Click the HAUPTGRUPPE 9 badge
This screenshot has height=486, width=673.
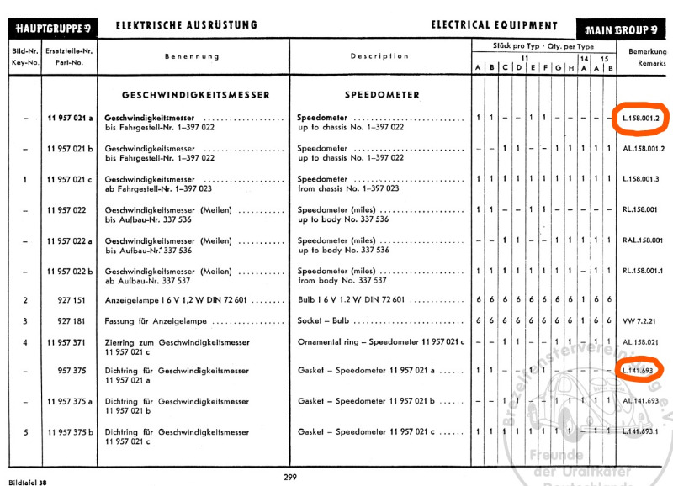pos(53,28)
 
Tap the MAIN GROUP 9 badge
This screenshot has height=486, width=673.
pos(618,29)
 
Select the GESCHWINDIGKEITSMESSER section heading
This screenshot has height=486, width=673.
pos(195,95)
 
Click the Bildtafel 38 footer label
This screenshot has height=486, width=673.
pos(26,481)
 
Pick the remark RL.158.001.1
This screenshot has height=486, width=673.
pos(644,271)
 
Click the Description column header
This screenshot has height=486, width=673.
pos(379,56)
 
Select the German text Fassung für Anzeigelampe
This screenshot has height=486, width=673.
pos(158,321)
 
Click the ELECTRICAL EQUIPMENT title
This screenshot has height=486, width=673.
pos(494,26)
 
